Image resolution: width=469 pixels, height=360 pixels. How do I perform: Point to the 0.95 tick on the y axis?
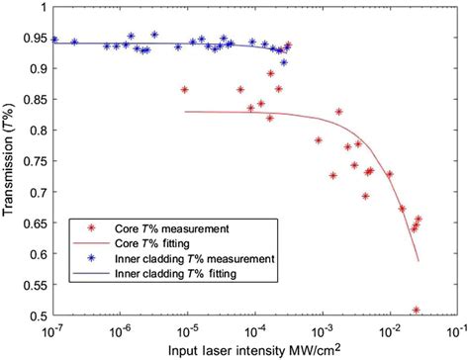coord(34,40)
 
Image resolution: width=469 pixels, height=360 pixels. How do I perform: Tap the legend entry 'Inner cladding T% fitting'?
coord(164,272)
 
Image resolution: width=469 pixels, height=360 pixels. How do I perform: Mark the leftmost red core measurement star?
coord(184,90)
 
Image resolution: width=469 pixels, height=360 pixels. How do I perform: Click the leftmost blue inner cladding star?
coord(54,41)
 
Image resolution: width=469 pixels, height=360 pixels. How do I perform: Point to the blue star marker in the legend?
coord(83,257)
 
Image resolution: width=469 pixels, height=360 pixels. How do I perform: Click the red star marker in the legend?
coord(83,226)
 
